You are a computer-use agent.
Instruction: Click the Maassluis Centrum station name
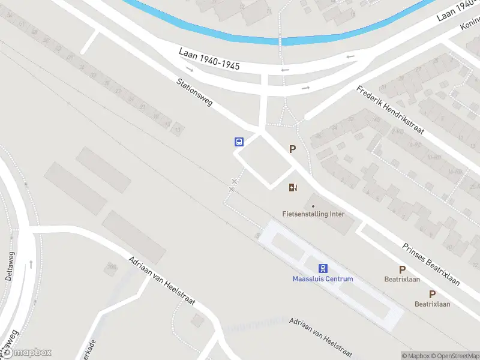coord(323,279)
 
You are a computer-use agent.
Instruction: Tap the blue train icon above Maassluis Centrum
coord(323,268)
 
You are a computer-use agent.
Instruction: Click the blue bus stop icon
coord(239,142)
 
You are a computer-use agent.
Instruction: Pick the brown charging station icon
coord(293,188)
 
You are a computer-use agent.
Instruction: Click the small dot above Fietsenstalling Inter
coord(313,206)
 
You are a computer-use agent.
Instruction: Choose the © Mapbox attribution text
coord(415,356)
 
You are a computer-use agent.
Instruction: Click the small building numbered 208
coord(111,268)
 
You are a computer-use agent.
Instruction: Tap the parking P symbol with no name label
coord(293,149)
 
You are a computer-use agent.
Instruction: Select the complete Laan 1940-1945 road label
coord(209,59)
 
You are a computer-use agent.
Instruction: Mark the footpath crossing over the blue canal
coord(280,41)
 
